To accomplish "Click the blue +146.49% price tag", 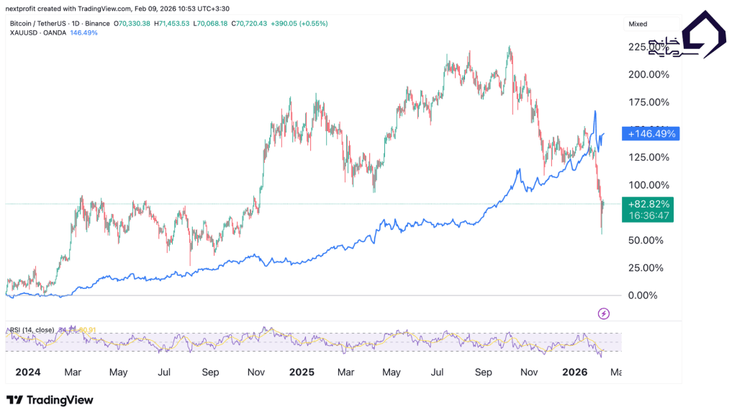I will point(651,134).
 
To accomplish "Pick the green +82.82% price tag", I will point(651,204).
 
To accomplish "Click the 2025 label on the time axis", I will point(302,372).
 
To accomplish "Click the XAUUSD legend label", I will point(30,33).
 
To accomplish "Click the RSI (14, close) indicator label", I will point(32,330).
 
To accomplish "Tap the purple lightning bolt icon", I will point(605,313).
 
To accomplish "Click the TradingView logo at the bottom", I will point(50,400).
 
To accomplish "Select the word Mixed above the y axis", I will point(638,24).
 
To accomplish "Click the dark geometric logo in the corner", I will point(703,35).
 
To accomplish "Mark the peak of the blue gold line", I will point(595,112).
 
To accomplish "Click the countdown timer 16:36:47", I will point(651,215).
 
